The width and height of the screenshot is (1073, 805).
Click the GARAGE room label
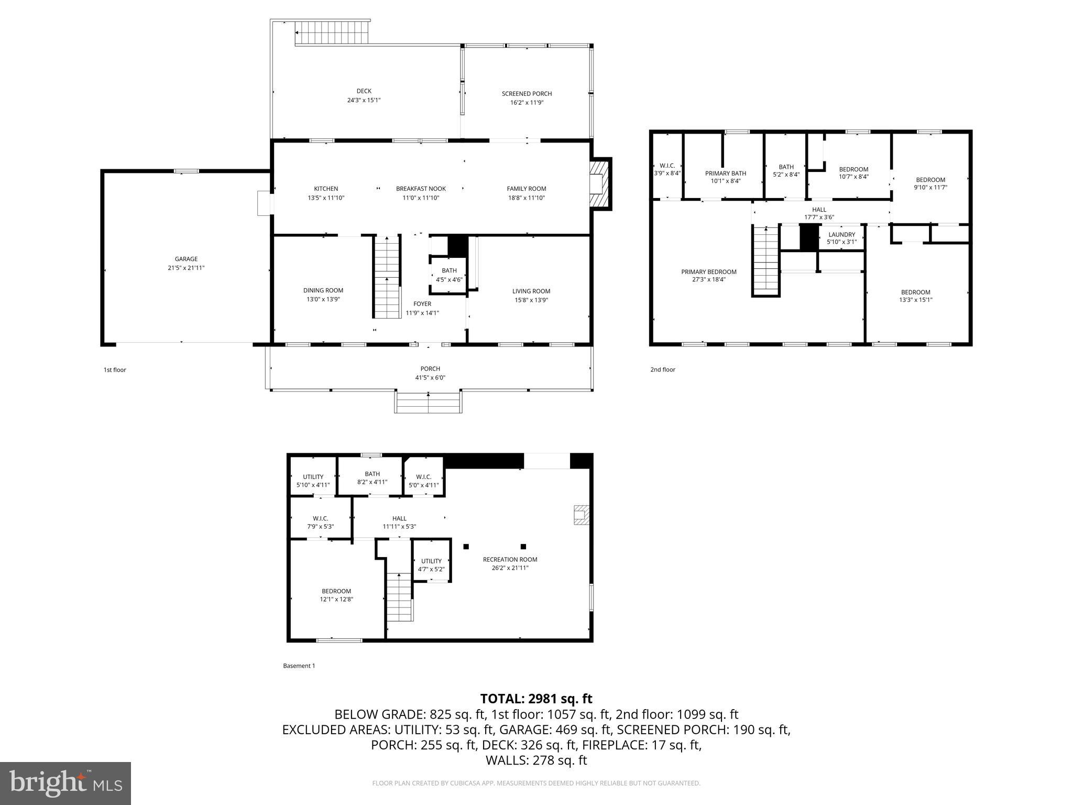(x=186, y=259)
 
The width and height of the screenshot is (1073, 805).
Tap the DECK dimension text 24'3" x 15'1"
(x=364, y=100)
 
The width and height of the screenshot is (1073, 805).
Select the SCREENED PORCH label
(x=527, y=94)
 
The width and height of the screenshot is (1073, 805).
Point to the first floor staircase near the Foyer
(x=387, y=277)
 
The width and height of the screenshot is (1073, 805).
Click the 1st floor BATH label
(x=449, y=270)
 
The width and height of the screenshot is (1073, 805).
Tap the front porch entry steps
(x=429, y=402)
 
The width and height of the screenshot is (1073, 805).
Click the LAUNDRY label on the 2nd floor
(x=841, y=234)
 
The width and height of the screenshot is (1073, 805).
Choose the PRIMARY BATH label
(x=725, y=173)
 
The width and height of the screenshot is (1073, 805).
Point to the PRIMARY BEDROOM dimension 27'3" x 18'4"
(x=708, y=280)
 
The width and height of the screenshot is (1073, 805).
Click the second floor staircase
(x=765, y=260)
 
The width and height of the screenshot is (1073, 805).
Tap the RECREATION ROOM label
(x=510, y=559)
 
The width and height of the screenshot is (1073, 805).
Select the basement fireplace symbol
(x=582, y=515)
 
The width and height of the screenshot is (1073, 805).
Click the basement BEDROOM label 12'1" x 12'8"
(x=336, y=591)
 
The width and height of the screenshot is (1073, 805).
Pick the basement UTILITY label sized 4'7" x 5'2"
(x=431, y=561)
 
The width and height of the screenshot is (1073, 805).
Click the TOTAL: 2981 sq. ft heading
(x=536, y=699)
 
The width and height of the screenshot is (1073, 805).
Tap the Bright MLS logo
(x=65, y=783)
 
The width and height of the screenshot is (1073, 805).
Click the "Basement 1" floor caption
(x=299, y=666)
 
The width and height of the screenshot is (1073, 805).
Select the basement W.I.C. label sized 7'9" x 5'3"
(x=320, y=518)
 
